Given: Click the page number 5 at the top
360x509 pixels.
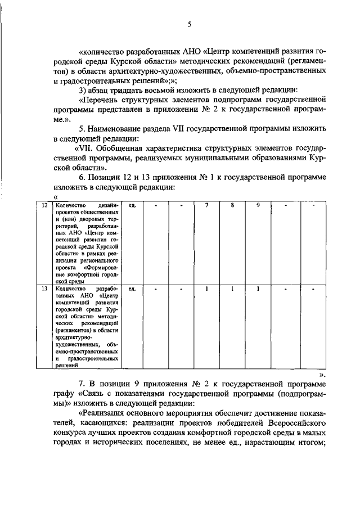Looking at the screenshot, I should coord(190,24).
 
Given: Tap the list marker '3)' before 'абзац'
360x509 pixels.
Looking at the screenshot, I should coord(84,91).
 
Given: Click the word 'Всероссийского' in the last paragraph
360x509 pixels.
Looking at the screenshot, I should coord(298,421).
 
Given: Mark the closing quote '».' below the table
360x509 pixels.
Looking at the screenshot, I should coord(321,372).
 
